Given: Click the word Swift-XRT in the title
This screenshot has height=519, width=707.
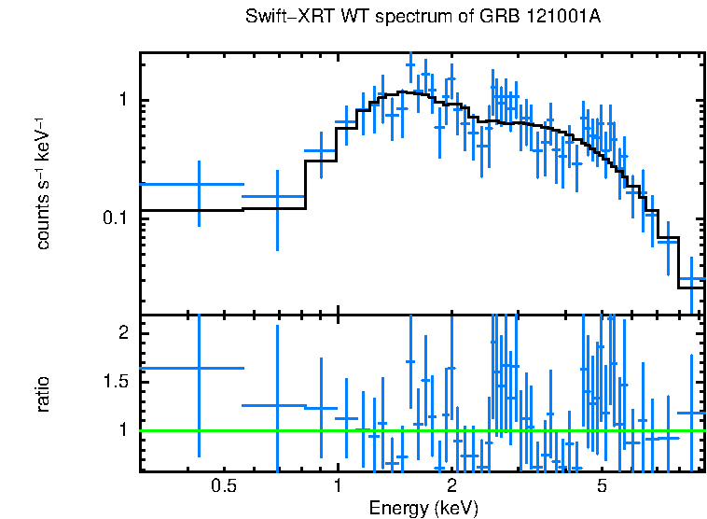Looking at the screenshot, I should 284,18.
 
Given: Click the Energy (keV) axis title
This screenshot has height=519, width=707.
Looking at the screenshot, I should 423,508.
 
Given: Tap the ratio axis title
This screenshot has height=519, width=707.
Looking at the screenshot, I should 43,394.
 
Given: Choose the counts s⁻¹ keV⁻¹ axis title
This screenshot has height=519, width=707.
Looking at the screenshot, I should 43,182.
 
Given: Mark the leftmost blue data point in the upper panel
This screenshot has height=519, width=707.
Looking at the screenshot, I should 199,185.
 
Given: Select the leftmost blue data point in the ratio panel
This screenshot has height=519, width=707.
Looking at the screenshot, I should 199,368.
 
